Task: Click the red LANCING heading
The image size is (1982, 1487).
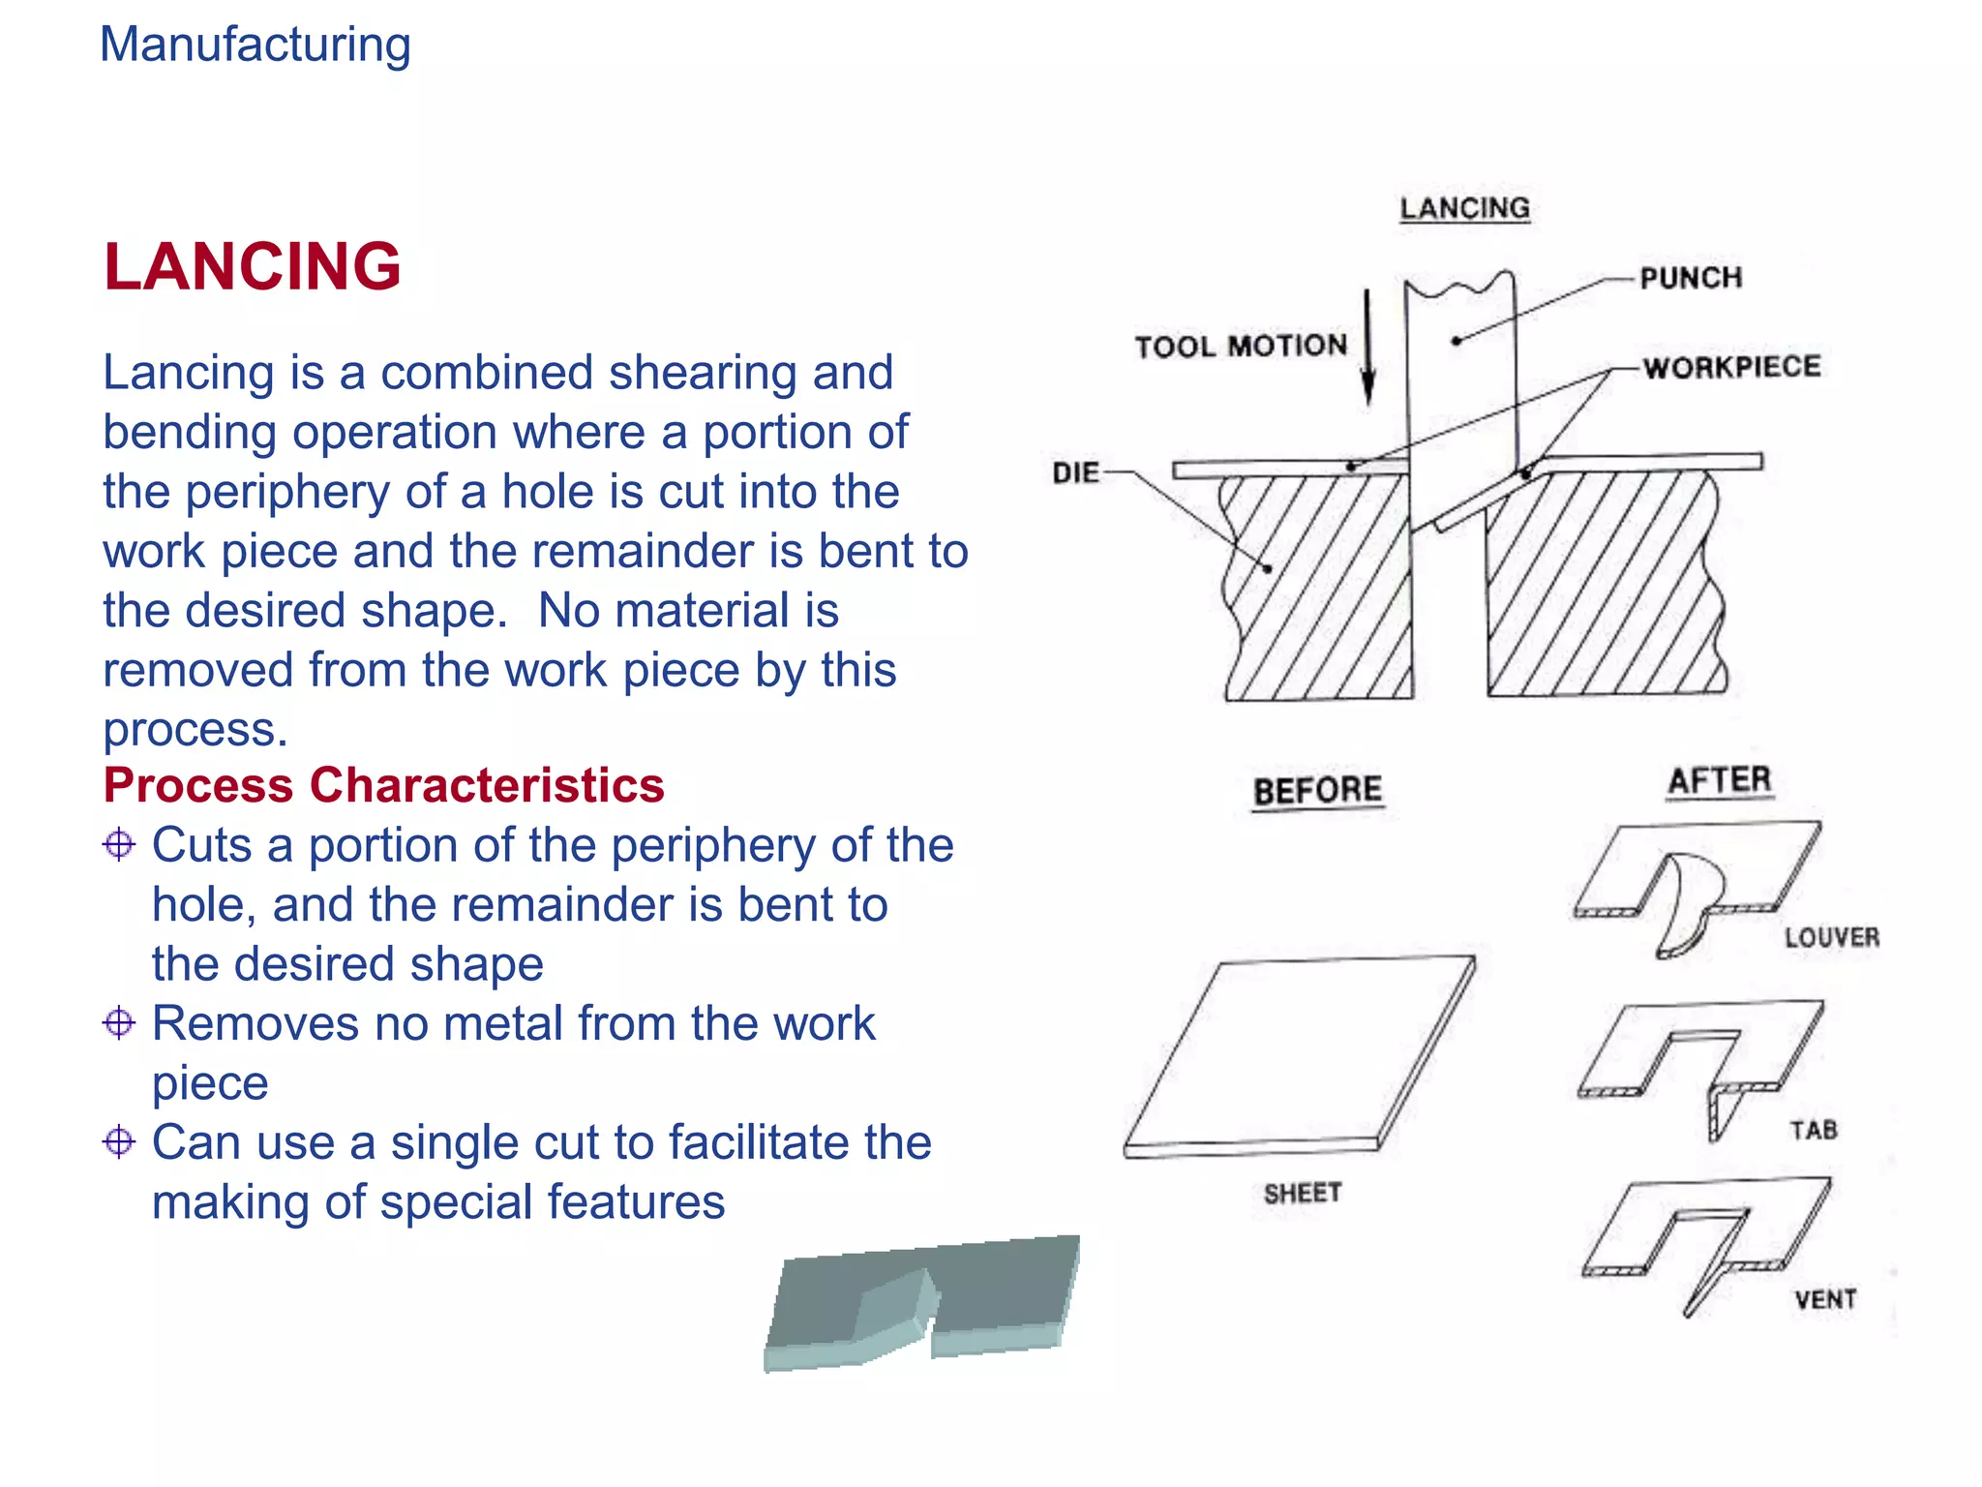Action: click(253, 266)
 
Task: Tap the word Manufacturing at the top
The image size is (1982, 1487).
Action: click(255, 45)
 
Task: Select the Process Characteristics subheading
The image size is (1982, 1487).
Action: click(383, 785)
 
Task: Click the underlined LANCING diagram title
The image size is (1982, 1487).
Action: click(1464, 208)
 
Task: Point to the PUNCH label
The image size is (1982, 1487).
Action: click(1691, 278)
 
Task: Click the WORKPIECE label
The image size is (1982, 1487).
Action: click(1731, 367)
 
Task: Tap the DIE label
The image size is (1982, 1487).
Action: click(1075, 473)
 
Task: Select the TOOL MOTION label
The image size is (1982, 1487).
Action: click(1241, 346)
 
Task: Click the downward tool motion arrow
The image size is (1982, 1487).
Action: click(1367, 349)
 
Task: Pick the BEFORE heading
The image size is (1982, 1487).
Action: click(1317, 791)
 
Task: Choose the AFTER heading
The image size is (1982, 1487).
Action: click(1719, 780)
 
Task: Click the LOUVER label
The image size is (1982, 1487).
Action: click(1832, 937)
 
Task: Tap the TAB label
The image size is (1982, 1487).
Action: click(1813, 1130)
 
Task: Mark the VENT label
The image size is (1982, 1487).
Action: click(1825, 1299)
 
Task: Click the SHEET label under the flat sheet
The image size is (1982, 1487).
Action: click(1303, 1193)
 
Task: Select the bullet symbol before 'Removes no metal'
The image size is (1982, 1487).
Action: click(119, 1023)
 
